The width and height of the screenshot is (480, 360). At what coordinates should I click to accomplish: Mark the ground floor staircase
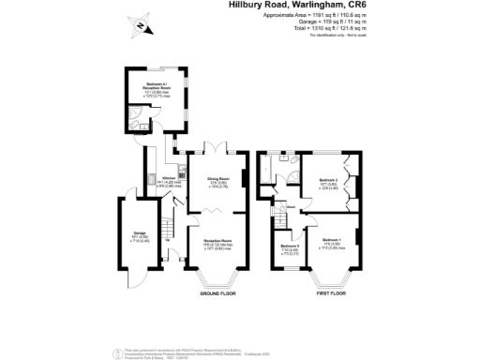click(169, 230)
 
